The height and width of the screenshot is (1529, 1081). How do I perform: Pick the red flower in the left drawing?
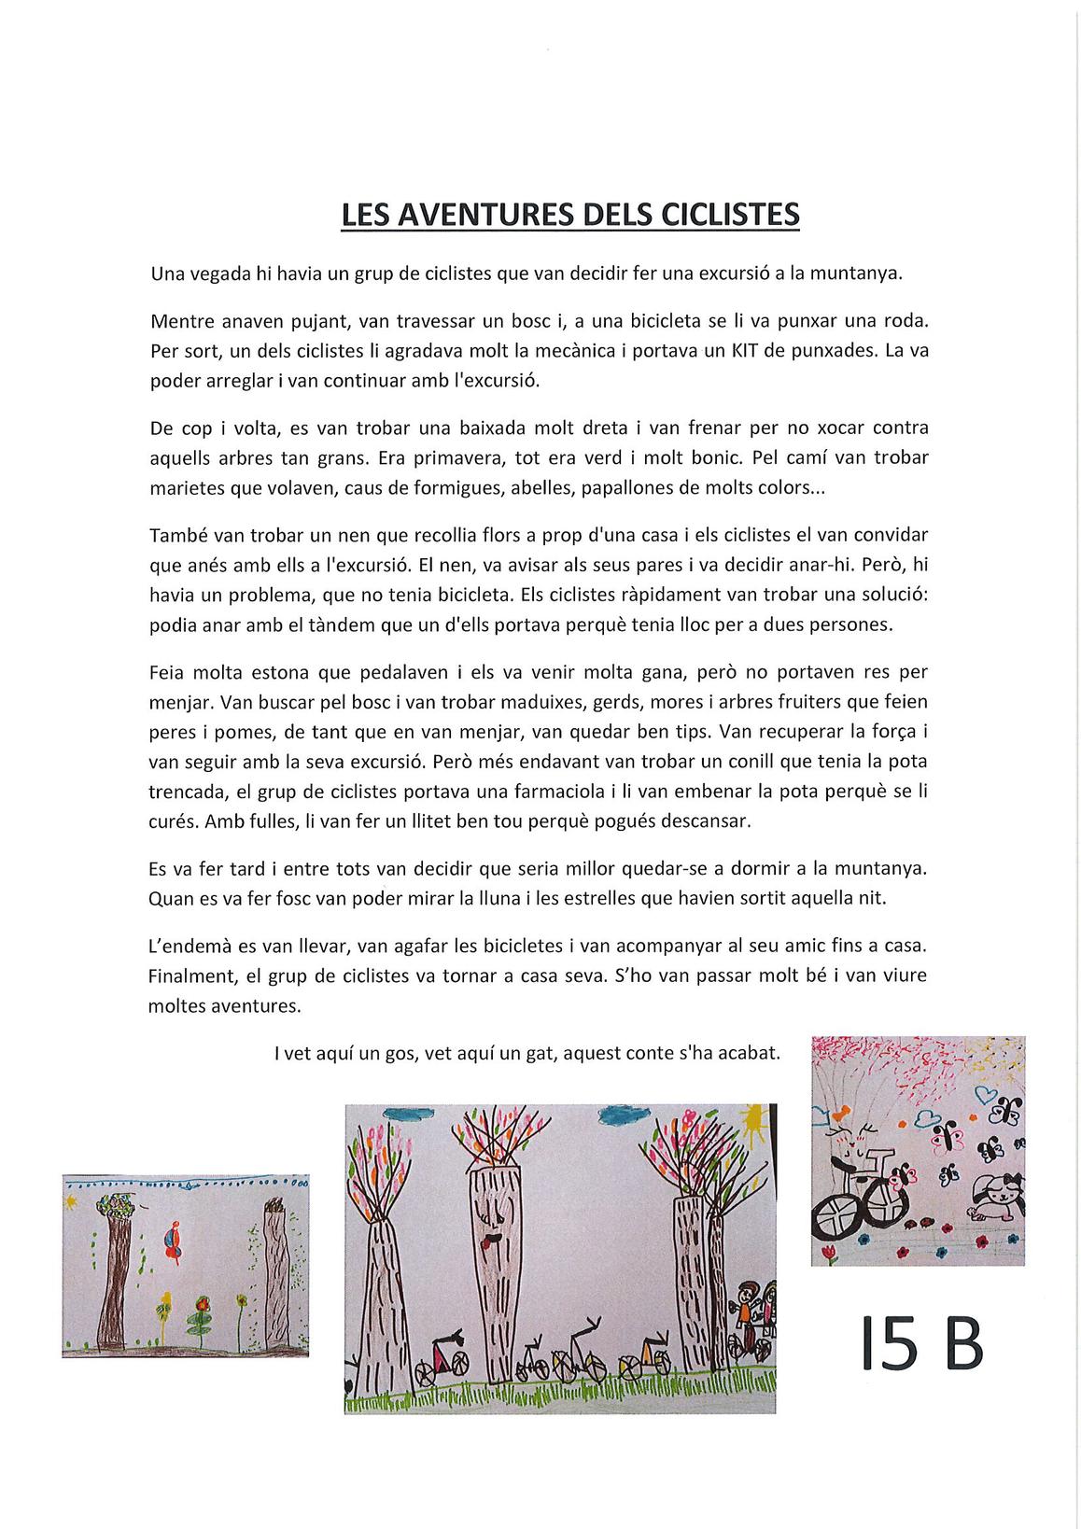click(202, 1302)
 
